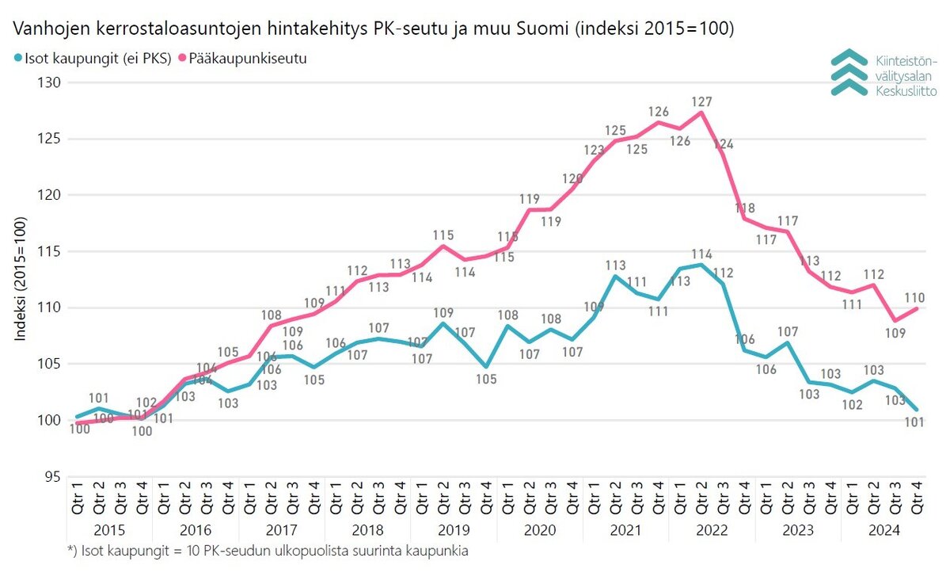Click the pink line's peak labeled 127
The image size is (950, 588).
coord(701,113)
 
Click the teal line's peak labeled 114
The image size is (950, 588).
coord(701,265)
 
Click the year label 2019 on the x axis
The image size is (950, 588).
coord(454,530)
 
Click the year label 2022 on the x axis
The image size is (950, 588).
coord(712,530)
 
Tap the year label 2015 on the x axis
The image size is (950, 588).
coord(109,530)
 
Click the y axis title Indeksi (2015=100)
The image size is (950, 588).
coord(21,279)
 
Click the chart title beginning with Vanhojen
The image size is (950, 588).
coord(372,29)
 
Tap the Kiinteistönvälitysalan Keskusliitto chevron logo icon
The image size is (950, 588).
coord(849,72)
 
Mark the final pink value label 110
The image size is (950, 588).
coord(914,298)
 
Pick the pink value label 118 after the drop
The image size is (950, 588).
coord(743,208)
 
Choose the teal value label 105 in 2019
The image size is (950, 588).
coord(486,380)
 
